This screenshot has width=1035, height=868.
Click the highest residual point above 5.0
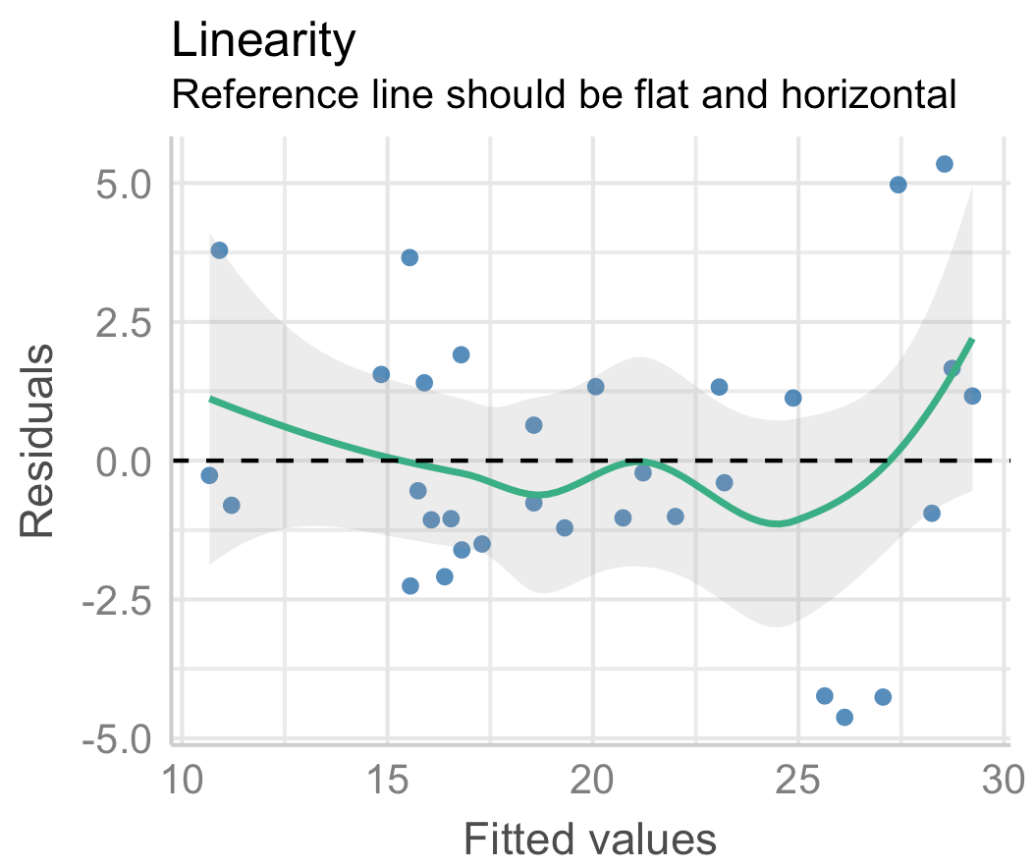coord(945,164)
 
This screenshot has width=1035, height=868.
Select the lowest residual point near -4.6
coord(844,717)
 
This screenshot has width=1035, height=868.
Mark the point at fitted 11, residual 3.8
coord(219,250)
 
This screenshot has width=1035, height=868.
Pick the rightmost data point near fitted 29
coord(972,396)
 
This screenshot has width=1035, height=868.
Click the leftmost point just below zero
coord(209,475)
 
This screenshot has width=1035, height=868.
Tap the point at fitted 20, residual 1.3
coord(595,386)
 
